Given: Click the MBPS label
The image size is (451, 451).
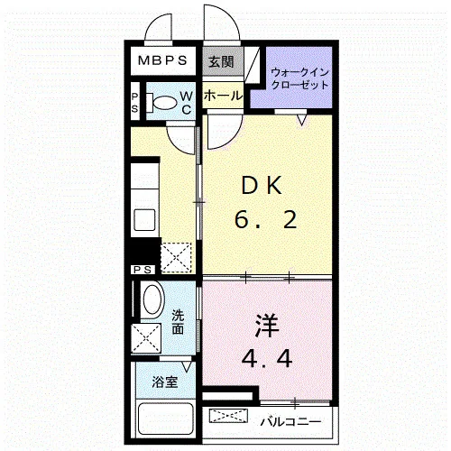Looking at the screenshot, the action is click(162, 60).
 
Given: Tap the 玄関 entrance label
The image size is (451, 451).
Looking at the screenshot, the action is click(221, 62).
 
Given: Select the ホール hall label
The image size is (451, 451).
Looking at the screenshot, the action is click(223, 96).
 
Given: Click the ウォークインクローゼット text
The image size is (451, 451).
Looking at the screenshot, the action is click(299, 78).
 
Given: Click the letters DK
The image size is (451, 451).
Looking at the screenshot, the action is click(262, 186).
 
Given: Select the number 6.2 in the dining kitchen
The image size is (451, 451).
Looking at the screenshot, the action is click(265, 220).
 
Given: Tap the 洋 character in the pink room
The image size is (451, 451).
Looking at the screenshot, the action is click(267, 326).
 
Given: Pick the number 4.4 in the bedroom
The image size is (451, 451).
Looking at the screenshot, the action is click(267, 358).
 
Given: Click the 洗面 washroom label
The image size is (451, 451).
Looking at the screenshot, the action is click(178, 322).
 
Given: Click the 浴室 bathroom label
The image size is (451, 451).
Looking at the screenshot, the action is click(165, 382).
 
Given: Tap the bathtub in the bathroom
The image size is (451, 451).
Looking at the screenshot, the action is click(165, 419).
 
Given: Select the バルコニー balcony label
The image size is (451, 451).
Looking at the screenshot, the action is click(290, 422).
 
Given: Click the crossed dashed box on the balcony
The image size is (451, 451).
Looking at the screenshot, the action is click(228, 415).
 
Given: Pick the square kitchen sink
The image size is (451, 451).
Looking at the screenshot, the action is click(144, 220).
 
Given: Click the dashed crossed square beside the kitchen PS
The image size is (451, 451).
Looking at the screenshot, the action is click(176, 257).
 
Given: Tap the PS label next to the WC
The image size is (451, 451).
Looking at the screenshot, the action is click(134, 102).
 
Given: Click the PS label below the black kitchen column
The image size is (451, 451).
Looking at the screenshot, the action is click(143, 270).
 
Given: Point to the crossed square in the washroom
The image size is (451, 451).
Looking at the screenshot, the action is click(146, 337).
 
